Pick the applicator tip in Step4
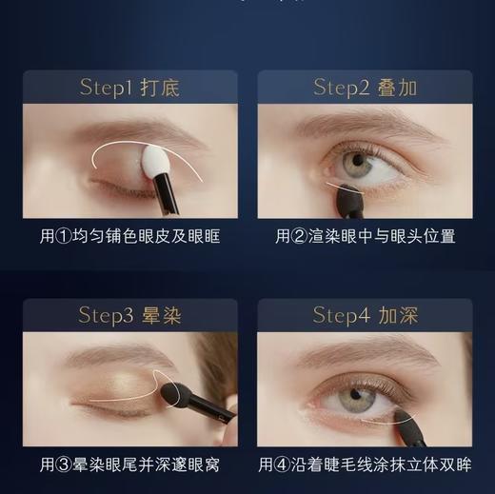pos(409,419)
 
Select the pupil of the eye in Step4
pos(354,393)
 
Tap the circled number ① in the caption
pos(67,236)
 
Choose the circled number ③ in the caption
pos(67,465)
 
